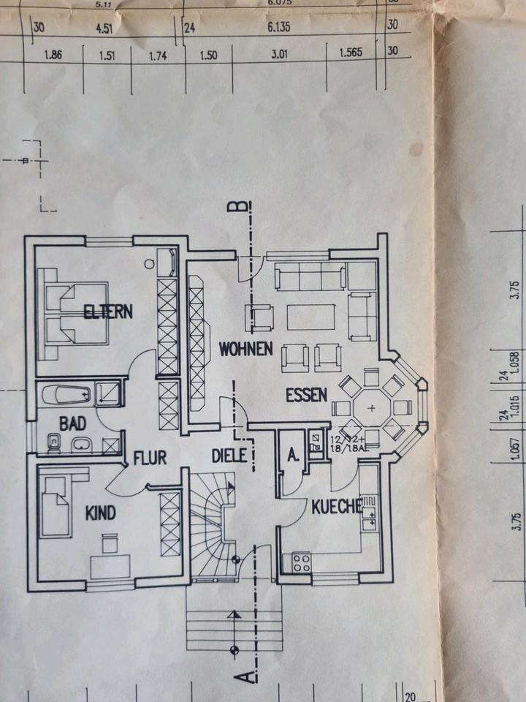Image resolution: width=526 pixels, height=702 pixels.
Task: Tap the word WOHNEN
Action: [x=245, y=349]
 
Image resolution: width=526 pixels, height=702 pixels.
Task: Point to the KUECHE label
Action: [x=337, y=506]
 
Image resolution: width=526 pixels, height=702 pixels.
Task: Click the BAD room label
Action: [x=72, y=423]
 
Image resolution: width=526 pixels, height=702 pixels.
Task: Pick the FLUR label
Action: [x=150, y=458]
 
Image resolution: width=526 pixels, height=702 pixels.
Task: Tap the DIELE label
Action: [x=229, y=455]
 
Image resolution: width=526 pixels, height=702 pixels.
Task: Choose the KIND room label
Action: [x=100, y=513]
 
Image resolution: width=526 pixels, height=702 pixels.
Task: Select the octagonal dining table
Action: [x=370, y=407]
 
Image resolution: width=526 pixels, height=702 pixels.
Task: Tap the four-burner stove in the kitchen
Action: [x=301, y=562]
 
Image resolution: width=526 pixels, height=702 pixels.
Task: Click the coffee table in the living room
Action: [x=311, y=317]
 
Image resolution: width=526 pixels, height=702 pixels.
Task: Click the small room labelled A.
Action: [x=294, y=455]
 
